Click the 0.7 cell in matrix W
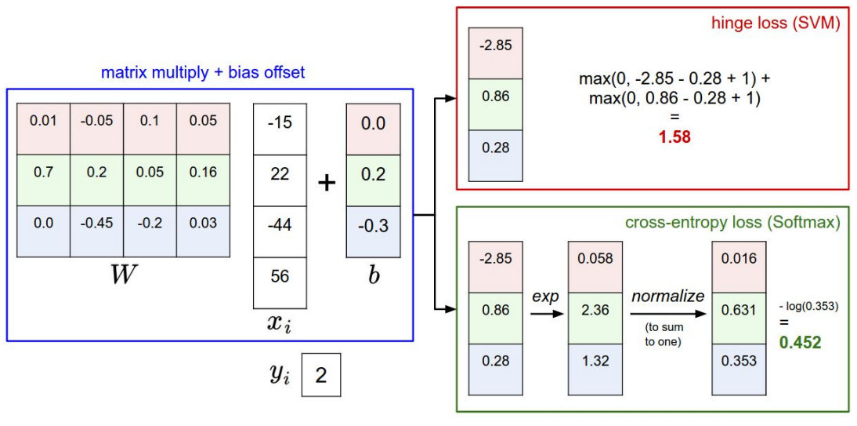(43, 173)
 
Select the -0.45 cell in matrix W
(97, 224)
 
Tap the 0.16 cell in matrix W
(203, 173)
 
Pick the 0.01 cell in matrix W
(43, 121)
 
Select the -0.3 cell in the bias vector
(373, 227)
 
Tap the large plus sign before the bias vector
(327, 183)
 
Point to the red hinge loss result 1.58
(674, 137)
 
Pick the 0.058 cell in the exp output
(595, 259)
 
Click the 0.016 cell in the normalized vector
(739, 259)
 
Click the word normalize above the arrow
(667, 297)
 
